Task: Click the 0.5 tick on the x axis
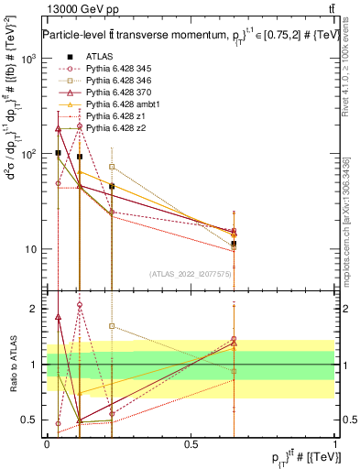[x=191, y=443]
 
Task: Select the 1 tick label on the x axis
[x=335, y=443]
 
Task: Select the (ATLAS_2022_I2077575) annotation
[x=190, y=274]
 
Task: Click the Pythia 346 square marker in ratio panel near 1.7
[x=112, y=326]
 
